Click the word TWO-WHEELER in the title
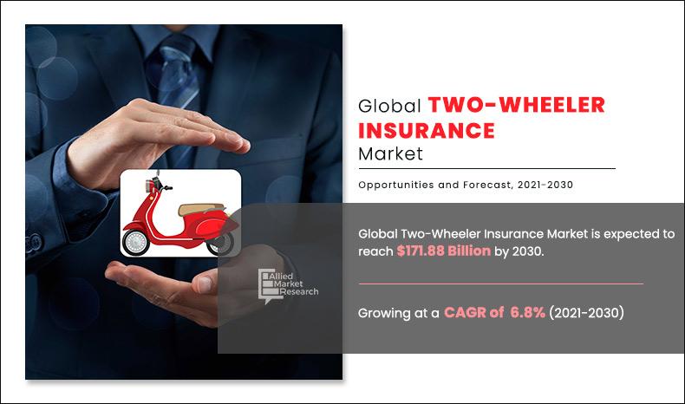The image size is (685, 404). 516,106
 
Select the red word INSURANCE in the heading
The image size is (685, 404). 427,131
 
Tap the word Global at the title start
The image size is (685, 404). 390,107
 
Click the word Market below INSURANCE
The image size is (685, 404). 390,155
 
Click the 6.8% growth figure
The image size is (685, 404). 527,313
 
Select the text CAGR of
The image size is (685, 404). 474,313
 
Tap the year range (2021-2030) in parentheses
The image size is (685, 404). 586,313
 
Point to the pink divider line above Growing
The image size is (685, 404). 500,283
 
